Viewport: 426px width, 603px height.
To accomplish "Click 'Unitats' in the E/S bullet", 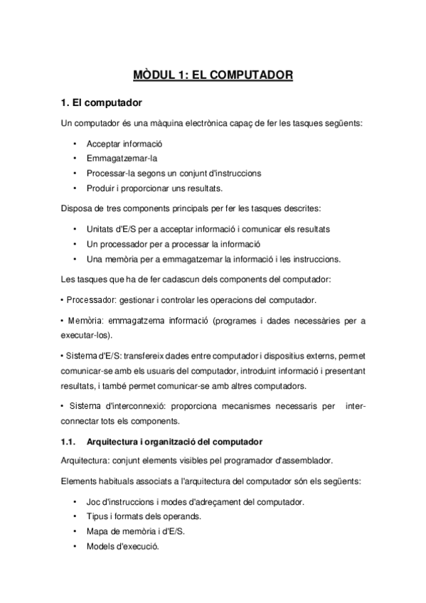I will pyautogui.click(x=100, y=229).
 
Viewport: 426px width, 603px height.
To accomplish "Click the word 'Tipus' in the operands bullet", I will pyautogui.click(x=97, y=516).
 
